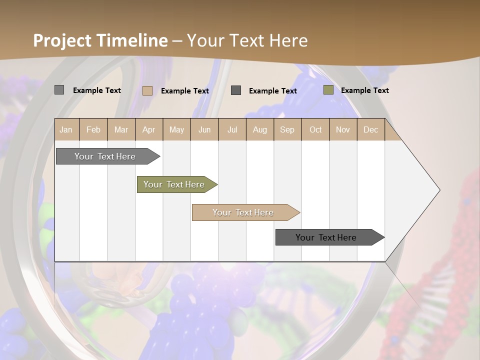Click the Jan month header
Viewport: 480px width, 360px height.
pyautogui.click(x=66, y=129)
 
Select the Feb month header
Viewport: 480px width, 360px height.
pyautogui.click(x=93, y=129)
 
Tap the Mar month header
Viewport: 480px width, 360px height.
pyautogui.click(x=121, y=129)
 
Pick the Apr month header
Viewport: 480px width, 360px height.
pyautogui.click(x=149, y=129)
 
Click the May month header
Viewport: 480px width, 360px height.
pyautogui.click(x=176, y=129)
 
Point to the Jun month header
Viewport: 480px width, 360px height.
pyautogui.click(x=204, y=129)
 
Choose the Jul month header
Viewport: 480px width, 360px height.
pyautogui.click(x=232, y=129)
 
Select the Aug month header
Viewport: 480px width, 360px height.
pyautogui.click(x=260, y=129)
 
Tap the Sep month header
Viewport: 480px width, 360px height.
pyautogui.click(x=287, y=129)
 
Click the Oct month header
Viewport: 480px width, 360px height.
pyautogui.click(x=315, y=129)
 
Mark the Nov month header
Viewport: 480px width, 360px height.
pyautogui.click(x=343, y=129)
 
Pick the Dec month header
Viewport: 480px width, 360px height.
pyautogui.click(x=371, y=129)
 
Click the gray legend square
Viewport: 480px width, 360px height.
pyautogui.click(x=59, y=90)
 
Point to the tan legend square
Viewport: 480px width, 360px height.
pyautogui.click(x=147, y=90)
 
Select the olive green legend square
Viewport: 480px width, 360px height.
pyautogui.click(x=328, y=90)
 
